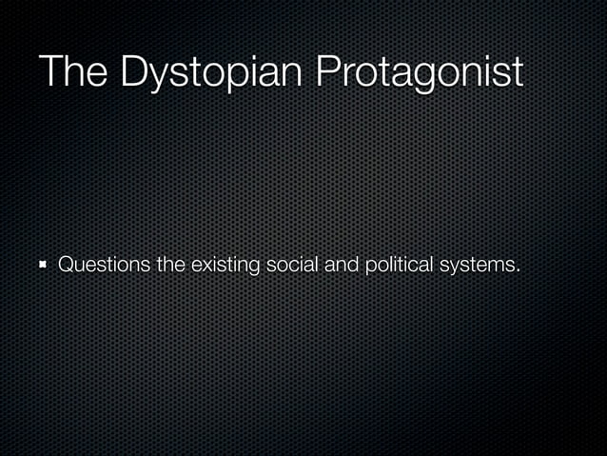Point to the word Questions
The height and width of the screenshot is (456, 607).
105,264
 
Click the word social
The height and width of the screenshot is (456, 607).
293,264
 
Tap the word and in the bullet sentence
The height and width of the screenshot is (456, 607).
341,264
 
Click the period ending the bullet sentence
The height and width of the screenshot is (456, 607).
519,270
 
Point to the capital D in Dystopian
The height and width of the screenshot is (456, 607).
133,72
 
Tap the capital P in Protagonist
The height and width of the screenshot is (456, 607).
328,72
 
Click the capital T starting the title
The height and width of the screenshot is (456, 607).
49,72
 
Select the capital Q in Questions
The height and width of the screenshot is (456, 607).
68,264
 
